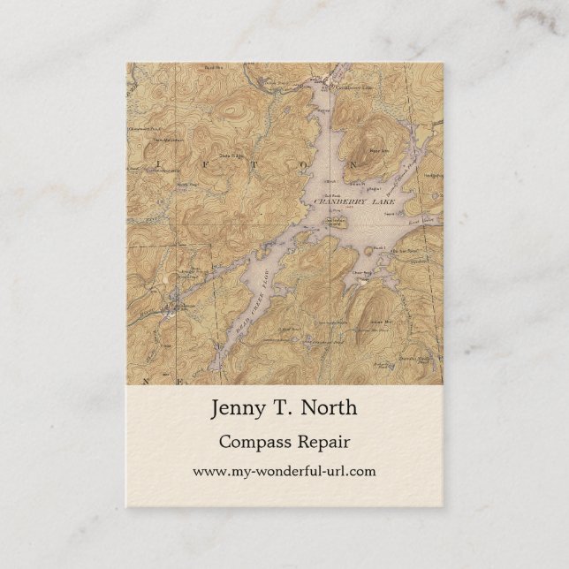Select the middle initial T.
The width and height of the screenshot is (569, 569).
[x=282, y=408]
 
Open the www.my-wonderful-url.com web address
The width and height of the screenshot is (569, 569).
[x=284, y=471]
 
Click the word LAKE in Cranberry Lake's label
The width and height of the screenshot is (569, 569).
[x=384, y=202]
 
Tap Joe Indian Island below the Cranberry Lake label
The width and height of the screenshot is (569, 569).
[x=334, y=222]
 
